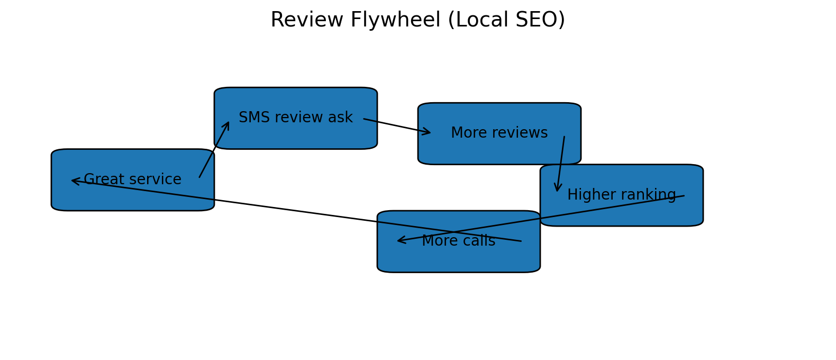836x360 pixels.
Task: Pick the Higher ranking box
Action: point(621,212)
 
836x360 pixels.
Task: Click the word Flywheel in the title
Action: point(395,21)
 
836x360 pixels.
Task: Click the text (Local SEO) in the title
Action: point(506,21)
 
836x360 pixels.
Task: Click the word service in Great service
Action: point(158,180)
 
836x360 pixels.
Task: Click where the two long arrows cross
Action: point(453,232)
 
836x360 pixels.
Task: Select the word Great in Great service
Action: point(103,180)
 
